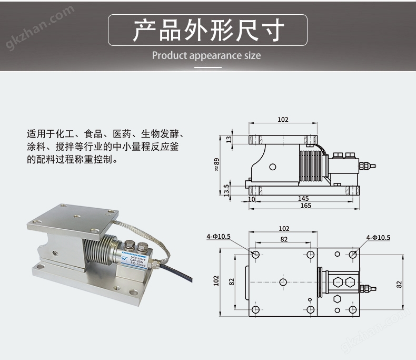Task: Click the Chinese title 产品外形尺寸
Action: [207, 30]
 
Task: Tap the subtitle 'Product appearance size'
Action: [206, 55]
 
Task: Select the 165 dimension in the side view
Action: [305, 206]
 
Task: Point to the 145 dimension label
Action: [303, 199]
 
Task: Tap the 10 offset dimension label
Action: [252, 199]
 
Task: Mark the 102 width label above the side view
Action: [283, 120]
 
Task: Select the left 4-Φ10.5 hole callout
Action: [219, 237]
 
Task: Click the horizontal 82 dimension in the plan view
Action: [284, 239]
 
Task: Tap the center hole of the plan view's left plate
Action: [283, 283]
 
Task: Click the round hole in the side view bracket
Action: [272, 167]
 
